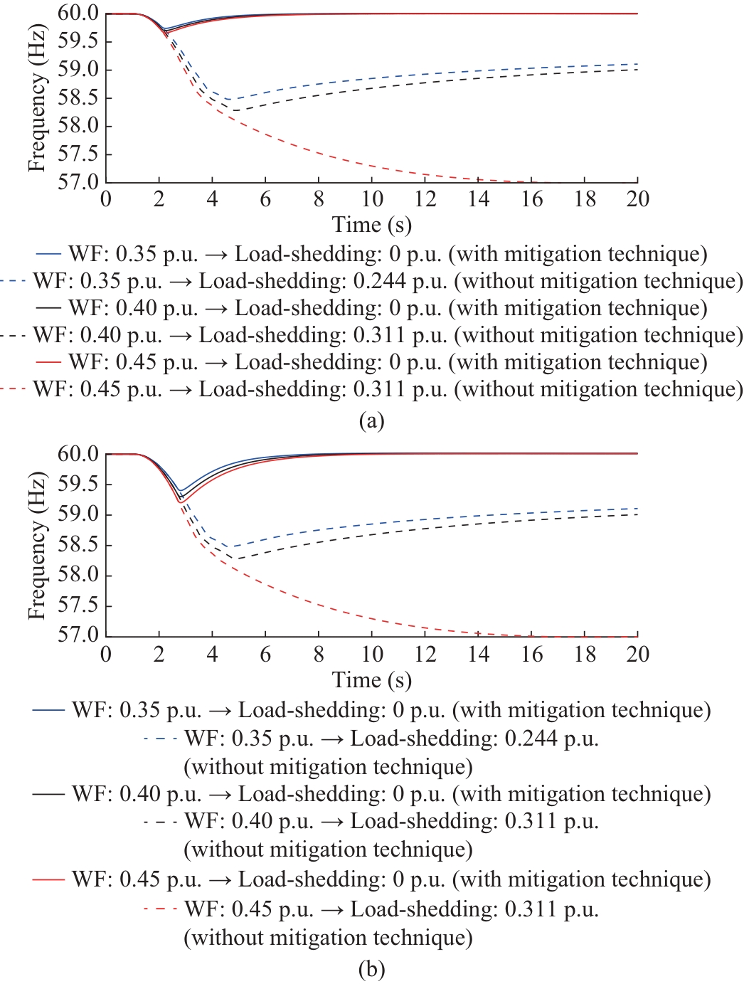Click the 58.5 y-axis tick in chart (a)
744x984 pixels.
(78, 98)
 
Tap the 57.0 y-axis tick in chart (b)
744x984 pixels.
(78, 635)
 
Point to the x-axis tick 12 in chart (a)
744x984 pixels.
(425, 199)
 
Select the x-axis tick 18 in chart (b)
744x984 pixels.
(585, 654)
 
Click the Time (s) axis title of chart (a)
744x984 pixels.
(371, 225)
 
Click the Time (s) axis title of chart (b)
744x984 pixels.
(371, 680)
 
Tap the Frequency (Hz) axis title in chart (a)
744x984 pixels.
(37, 98)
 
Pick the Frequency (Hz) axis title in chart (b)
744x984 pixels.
(37, 545)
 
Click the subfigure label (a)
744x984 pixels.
(371, 420)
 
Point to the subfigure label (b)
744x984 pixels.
(371, 969)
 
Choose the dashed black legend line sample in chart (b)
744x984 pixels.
(160, 822)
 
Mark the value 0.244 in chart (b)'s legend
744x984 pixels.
(531, 739)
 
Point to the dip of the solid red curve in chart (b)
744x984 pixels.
(181, 502)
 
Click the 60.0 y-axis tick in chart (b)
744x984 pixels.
(78, 454)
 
